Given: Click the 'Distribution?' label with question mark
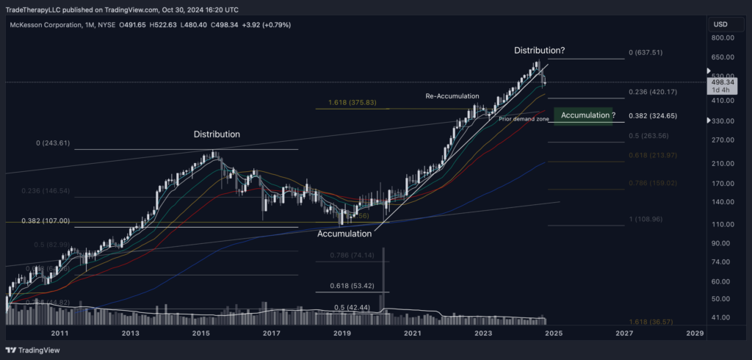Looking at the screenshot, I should tap(539, 50).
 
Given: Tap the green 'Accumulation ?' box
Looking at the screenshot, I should tap(585, 115).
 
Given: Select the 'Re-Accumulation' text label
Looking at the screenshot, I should tap(452, 96).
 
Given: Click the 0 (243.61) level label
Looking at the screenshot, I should tap(52, 143).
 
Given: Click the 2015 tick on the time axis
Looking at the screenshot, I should tap(201, 334).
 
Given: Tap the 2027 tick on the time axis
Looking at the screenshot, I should tap(624, 334).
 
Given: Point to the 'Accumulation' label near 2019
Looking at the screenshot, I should tap(345, 234).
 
